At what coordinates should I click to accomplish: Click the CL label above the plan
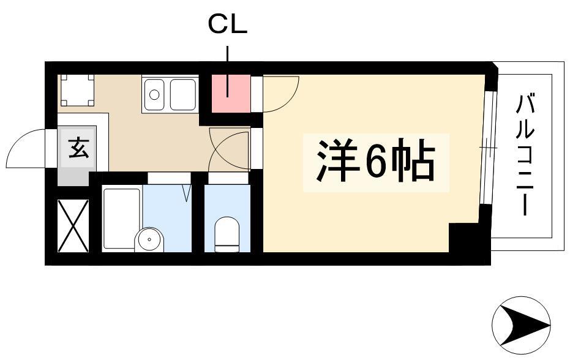[x=228, y=24]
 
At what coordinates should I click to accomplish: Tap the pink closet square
[x=231, y=94]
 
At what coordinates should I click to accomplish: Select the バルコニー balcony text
[x=525, y=154]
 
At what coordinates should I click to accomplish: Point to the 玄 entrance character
[x=78, y=148]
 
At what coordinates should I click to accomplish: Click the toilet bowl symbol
[x=227, y=234]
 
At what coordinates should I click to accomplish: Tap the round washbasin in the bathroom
[x=149, y=239]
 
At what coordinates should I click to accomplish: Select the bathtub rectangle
[x=122, y=219]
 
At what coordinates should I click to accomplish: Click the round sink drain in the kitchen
[x=154, y=94]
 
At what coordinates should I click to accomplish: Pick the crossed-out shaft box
[x=73, y=225]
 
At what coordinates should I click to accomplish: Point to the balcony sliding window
[x=488, y=148]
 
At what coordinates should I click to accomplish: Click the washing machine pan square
[x=77, y=90]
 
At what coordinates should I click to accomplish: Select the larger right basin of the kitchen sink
[x=183, y=94]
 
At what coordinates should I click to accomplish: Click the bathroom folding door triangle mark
[x=187, y=193]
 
